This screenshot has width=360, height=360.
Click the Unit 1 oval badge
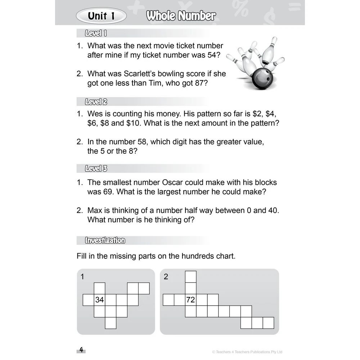pyautogui.click(x=101, y=16)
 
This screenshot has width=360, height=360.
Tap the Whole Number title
pyautogui.click(x=181, y=16)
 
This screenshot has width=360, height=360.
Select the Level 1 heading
pyautogui.click(x=95, y=33)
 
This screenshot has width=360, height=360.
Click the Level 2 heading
pyautogui.click(x=96, y=102)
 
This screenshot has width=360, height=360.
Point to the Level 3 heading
pyautogui.click(x=96, y=168)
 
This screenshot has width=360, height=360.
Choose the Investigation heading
pyautogui.click(x=105, y=240)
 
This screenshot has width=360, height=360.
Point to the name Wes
pyautogui.click(x=95, y=114)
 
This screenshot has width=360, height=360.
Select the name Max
pyautogui.click(x=95, y=210)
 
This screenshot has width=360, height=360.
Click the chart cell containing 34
pyautogui.click(x=100, y=300)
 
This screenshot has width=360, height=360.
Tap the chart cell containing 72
pyautogui.click(x=190, y=300)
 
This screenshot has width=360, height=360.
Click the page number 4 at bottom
pyautogui.click(x=81, y=350)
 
